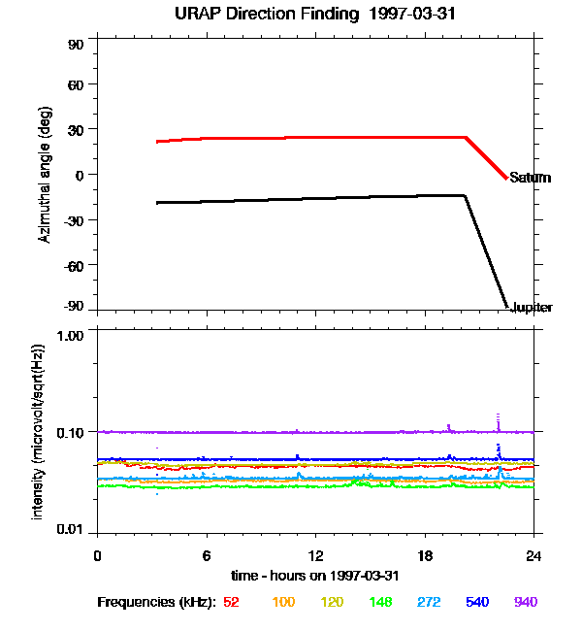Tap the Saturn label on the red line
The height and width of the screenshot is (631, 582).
[x=531, y=178]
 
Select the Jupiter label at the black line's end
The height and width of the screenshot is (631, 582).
[x=532, y=307]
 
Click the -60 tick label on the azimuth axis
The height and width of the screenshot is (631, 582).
[x=74, y=264]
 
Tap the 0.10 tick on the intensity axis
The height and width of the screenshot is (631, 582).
[x=71, y=431]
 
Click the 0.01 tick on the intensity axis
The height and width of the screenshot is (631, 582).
[x=71, y=530]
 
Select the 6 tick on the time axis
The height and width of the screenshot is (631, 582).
[x=207, y=555]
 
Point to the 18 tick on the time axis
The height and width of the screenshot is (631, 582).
[x=425, y=555]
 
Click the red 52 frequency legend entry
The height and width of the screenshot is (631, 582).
[x=231, y=603]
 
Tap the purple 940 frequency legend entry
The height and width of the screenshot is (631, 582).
[x=525, y=603]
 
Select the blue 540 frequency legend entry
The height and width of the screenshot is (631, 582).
[x=476, y=603]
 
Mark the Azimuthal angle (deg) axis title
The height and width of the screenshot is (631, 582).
[x=46, y=175]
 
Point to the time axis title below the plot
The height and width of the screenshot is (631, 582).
[x=315, y=575]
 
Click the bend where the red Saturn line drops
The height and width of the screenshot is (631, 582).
[x=467, y=137]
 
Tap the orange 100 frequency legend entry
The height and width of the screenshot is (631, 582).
[x=282, y=603]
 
